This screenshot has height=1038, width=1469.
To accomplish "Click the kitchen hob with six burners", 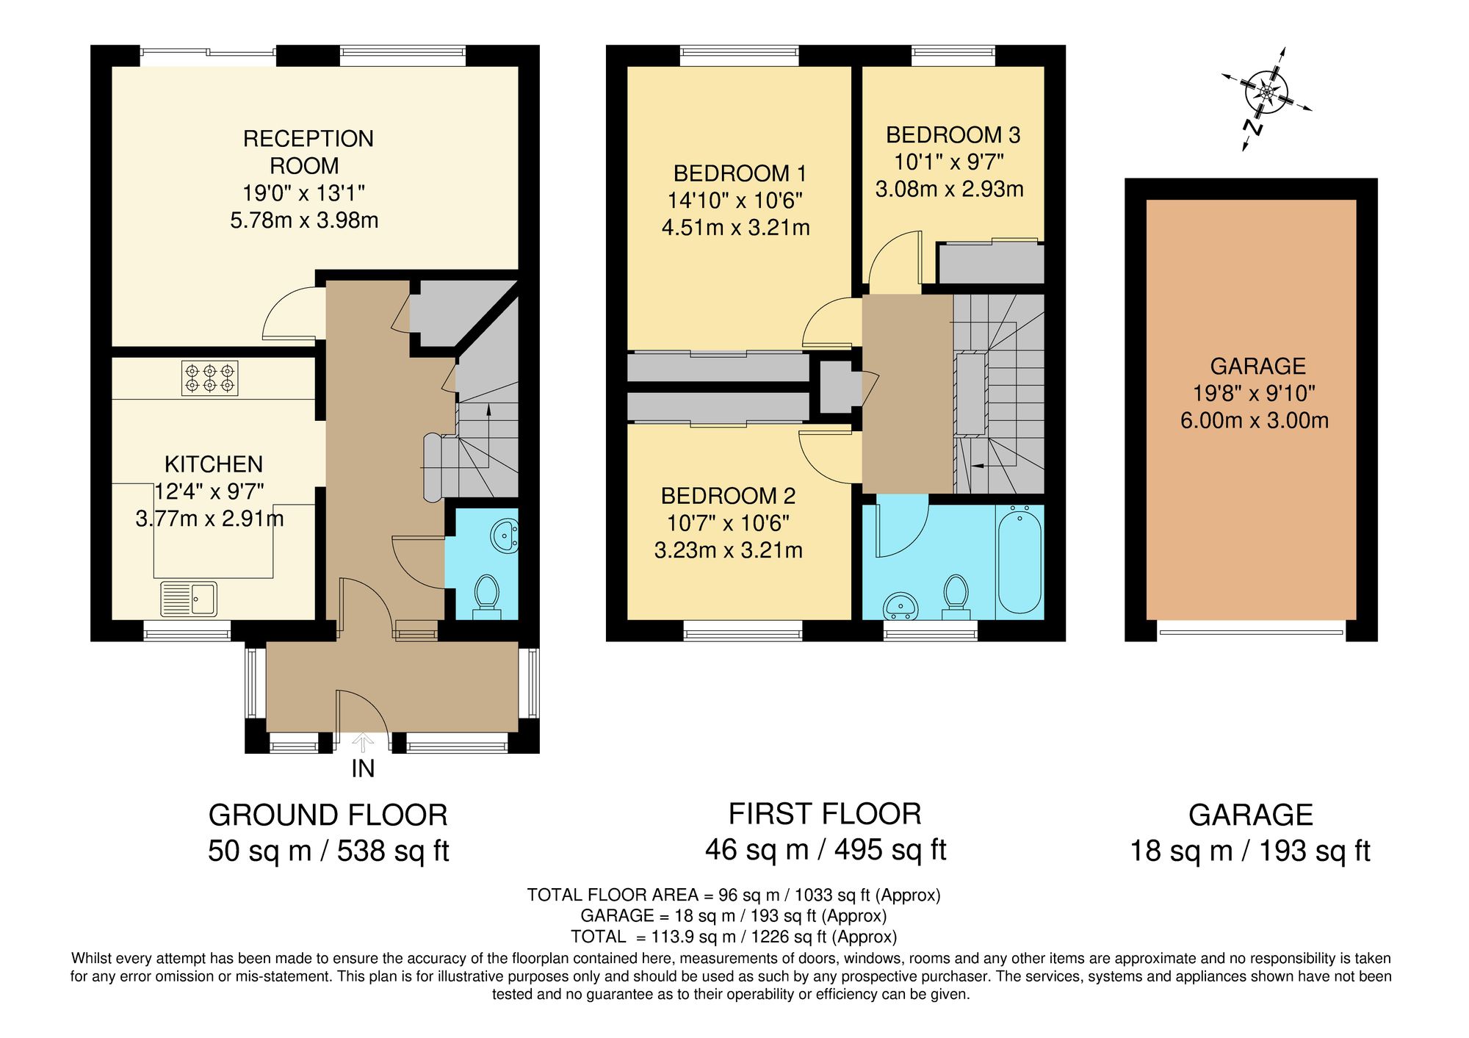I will [209, 378].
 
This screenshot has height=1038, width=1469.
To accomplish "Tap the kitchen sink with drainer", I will [189, 599].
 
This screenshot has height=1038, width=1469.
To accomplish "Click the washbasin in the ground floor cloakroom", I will [505, 536].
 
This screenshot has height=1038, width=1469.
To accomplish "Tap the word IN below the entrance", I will [363, 768].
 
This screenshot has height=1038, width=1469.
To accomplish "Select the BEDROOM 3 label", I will [953, 135].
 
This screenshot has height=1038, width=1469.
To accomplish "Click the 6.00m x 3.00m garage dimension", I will [1254, 421].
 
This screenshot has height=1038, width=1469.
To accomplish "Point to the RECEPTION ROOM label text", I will [307, 152].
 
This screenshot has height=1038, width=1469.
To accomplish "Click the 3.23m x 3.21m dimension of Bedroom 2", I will [728, 550].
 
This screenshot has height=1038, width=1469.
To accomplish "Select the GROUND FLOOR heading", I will [328, 815].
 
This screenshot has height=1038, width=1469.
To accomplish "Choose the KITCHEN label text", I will [214, 464].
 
